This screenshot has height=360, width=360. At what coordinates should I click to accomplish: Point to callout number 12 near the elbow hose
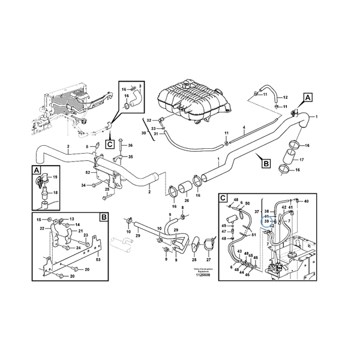pyautogui.click(x=285, y=97)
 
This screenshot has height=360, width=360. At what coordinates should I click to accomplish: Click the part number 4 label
pyautogui.click(x=244, y=128)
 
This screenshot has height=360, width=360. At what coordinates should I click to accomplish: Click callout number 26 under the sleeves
pyautogui.click(x=187, y=200)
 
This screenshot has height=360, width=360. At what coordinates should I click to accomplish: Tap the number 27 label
pyautogui.click(x=209, y=260)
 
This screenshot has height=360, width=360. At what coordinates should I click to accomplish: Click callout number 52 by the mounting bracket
pyautogui.click(x=88, y=172)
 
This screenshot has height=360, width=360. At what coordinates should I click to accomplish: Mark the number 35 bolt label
pyautogui.click(x=131, y=157)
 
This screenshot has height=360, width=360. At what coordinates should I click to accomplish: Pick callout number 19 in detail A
pyautogui.click(x=55, y=178)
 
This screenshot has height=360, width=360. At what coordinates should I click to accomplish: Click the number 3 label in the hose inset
pyautogui.click(x=140, y=86)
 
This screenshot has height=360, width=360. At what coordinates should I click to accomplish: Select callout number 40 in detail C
pyautogui.click(x=306, y=201)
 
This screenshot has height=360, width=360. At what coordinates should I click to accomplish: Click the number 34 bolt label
pyautogui.click(x=83, y=185)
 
